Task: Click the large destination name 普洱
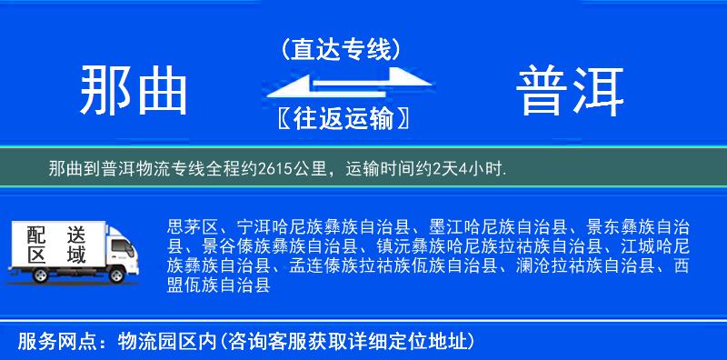point(571,90)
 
